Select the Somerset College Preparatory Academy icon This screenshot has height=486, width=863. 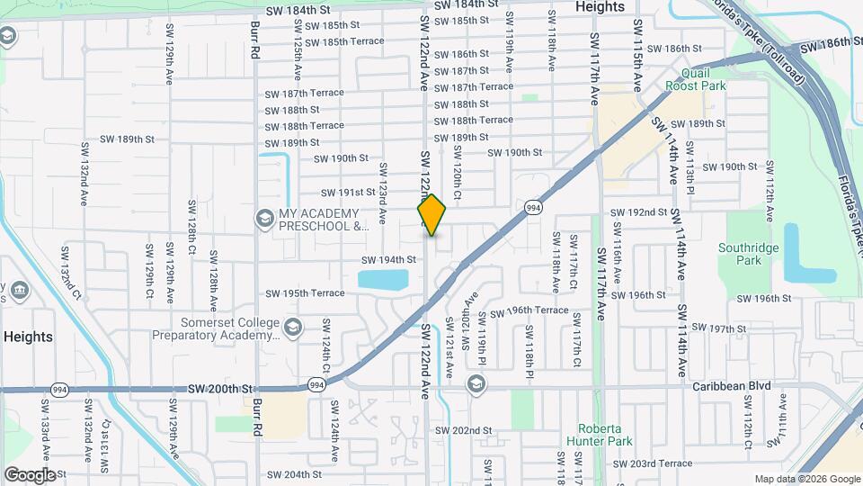point(292,328)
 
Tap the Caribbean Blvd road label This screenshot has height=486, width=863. point(731,386)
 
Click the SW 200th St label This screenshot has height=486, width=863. point(217,388)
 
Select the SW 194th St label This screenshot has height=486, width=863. point(388,260)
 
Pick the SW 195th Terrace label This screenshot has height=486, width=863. point(305,293)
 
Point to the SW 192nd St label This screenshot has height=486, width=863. point(638,212)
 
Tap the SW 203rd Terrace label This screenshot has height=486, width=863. point(652,463)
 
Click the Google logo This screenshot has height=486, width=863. point(31,474)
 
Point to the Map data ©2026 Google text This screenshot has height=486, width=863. point(806,479)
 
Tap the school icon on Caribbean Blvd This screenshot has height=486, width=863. point(476,385)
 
